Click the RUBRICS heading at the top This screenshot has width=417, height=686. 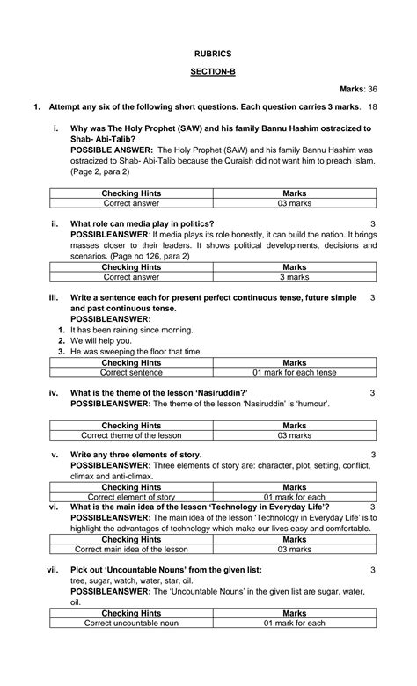[208, 54]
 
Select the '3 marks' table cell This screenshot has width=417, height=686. [294, 276]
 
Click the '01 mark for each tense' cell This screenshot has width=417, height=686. [294, 372]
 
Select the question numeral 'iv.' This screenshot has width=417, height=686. [54, 392]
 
